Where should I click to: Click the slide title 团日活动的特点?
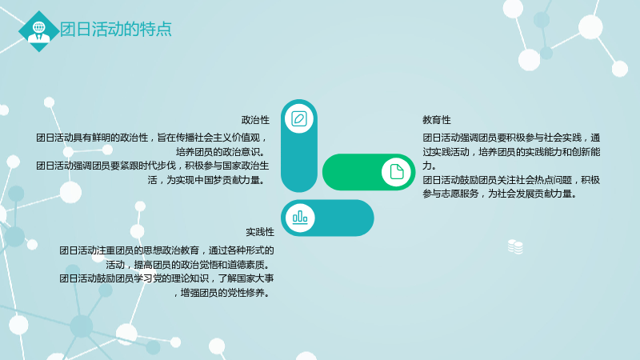click(116, 30)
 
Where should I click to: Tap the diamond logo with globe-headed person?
click(39, 31)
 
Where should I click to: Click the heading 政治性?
click(255, 120)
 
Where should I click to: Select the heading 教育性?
click(437, 120)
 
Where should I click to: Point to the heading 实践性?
click(260, 232)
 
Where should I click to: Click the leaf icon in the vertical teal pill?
click(299, 118)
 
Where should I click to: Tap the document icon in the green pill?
click(397, 172)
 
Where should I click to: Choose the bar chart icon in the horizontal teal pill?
click(300, 217)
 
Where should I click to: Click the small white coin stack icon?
click(515, 246)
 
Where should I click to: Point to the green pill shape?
click(369, 172)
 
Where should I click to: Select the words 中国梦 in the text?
click(218, 180)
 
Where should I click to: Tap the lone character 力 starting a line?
click(427, 166)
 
